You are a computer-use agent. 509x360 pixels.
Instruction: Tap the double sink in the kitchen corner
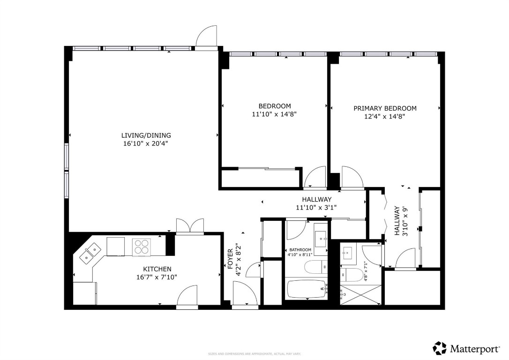(x=90, y=252)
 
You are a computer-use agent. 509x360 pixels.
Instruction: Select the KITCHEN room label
(x=157, y=269)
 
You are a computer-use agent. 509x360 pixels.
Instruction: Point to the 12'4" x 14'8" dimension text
(x=385, y=116)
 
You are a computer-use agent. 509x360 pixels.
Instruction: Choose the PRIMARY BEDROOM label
(x=385, y=108)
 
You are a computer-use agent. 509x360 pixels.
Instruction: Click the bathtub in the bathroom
(x=307, y=289)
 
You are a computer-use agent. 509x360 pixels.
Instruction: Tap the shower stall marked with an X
(x=361, y=294)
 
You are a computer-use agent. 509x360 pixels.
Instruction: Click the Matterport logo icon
(x=440, y=348)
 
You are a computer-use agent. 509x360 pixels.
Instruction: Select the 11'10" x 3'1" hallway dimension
(x=316, y=207)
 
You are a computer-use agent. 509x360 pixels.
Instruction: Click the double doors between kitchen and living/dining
(x=190, y=226)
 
